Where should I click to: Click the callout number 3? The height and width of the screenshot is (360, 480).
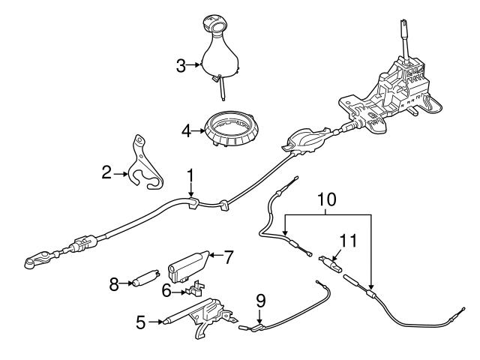click(x=180, y=66)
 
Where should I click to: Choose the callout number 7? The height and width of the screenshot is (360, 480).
click(x=229, y=256)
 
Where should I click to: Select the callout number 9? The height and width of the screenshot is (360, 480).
click(x=260, y=301)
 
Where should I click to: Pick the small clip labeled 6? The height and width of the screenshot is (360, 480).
click(x=196, y=289)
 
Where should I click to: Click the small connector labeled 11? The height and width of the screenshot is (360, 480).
click(x=331, y=263)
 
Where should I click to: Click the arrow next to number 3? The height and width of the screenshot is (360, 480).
click(x=194, y=66)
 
